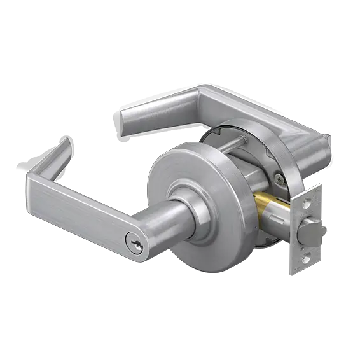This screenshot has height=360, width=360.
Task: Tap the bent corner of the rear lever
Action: coord(204,95)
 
